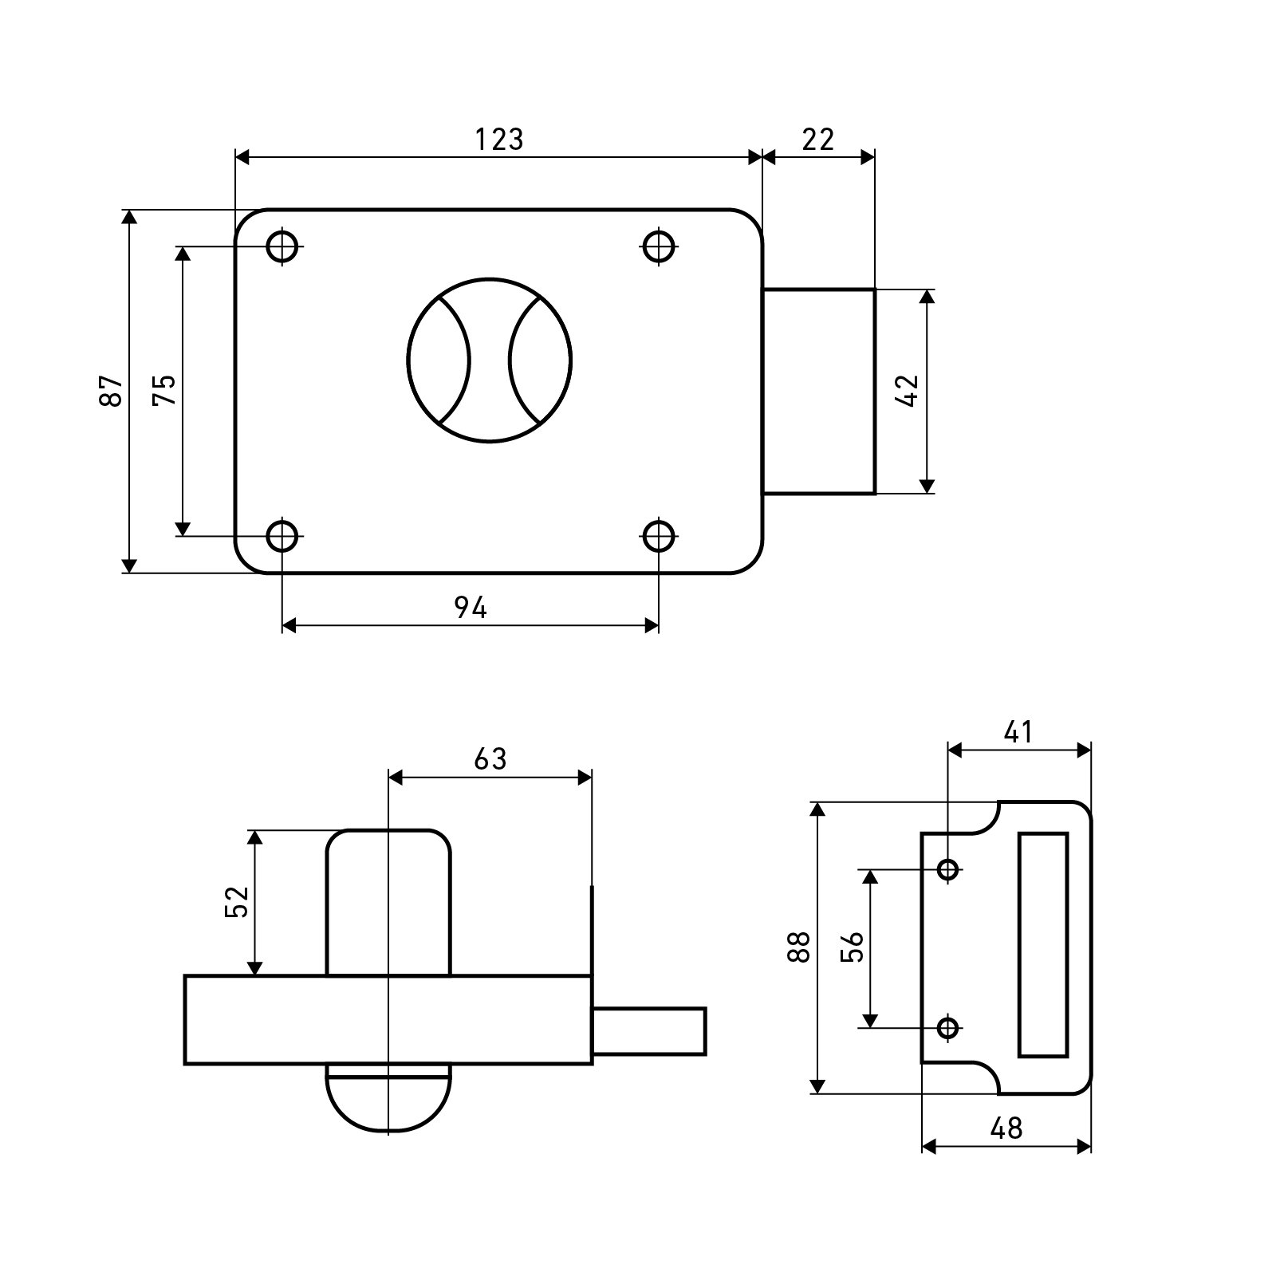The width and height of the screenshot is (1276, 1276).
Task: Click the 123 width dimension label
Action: click(x=499, y=140)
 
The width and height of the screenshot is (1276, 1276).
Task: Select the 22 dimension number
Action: click(x=818, y=140)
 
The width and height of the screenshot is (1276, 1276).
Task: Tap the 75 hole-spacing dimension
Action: click(x=164, y=391)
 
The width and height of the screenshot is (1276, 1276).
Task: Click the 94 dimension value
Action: click(x=471, y=608)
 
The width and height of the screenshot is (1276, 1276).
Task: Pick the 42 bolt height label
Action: click(x=908, y=391)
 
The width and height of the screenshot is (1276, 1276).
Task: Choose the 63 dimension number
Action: click(x=490, y=759)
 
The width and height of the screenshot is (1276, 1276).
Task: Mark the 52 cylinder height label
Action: click(x=238, y=902)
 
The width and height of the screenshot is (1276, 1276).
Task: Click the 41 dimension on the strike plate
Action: click(x=1018, y=731)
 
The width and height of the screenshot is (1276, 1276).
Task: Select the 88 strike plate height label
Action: click(x=798, y=947)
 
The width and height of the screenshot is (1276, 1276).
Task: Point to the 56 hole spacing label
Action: click(x=853, y=947)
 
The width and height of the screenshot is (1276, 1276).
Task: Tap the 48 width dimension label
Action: click(x=1006, y=1128)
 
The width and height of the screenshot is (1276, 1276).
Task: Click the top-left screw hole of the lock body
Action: click(x=282, y=246)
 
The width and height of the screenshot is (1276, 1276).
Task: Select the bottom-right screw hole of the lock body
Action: click(x=659, y=536)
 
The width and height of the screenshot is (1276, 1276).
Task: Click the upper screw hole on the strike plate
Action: click(x=948, y=868)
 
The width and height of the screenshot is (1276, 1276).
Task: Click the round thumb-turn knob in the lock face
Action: click(x=490, y=360)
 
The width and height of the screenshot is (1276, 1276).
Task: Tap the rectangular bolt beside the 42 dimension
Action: click(x=819, y=391)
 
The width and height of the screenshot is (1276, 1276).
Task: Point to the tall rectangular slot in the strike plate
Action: click(x=1043, y=945)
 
